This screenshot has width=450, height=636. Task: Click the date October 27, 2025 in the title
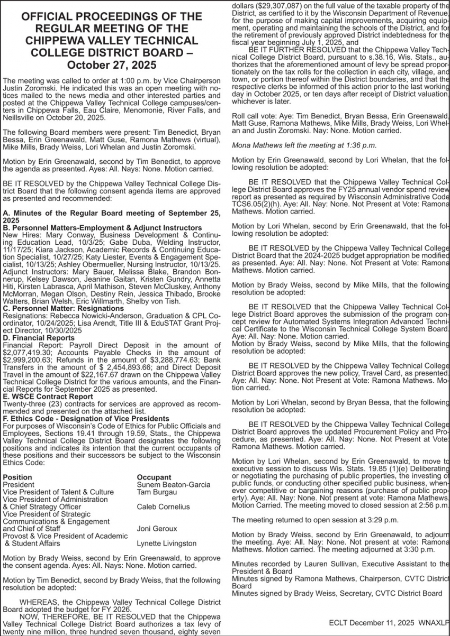pyautogui.click(x=111, y=65)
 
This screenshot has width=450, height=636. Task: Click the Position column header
pyautogui.click(x=17, y=477)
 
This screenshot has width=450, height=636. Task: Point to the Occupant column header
pyautogui.click(x=154, y=477)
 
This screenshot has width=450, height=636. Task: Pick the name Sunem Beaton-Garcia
pyautogui.click(x=174, y=484)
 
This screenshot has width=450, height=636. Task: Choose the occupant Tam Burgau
pyautogui.click(x=157, y=492)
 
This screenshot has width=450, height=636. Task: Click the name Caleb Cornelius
pyautogui.click(x=163, y=506)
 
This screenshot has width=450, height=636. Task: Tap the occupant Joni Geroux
pyautogui.click(x=157, y=528)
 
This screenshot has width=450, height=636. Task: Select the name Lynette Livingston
pyautogui.click(x=167, y=543)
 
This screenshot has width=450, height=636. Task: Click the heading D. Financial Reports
pyautogui.click(x=39, y=337)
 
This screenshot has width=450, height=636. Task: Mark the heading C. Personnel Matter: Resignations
pyautogui.click(x=64, y=308)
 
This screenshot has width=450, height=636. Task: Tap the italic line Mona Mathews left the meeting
pyautogui.click(x=304, y=145)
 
